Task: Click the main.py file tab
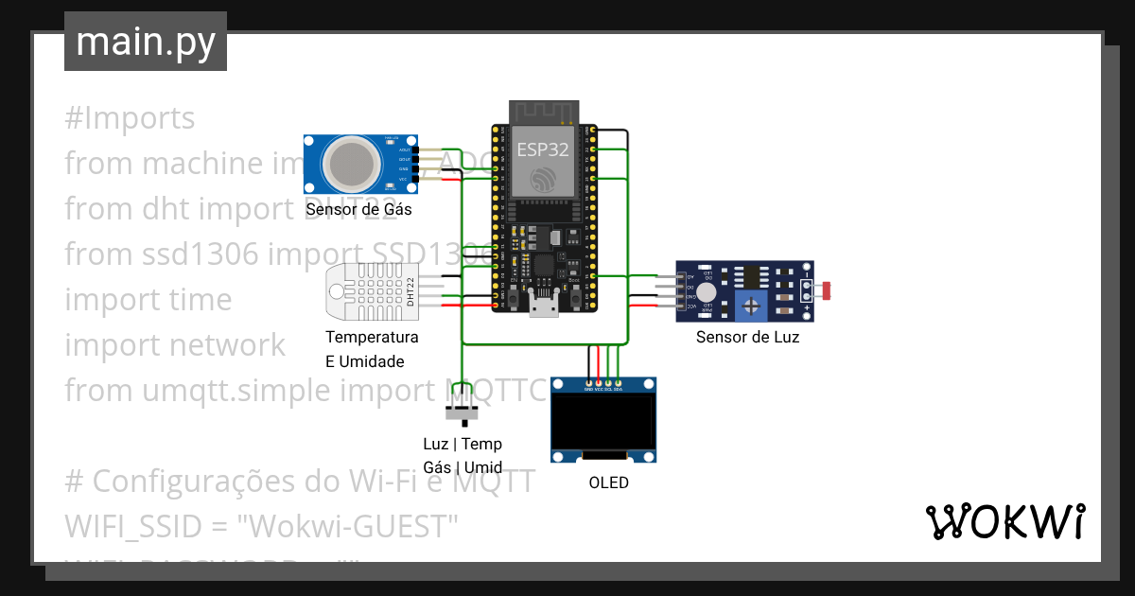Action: [145, 42]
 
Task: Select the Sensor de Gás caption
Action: [358, 209]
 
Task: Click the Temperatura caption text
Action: [372, 338]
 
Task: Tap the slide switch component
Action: [462, 412]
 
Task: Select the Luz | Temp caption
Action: [463, 444]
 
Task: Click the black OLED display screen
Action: [603, 423]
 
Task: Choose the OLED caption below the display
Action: [608, 482]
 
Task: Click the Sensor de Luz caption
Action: [747, 337]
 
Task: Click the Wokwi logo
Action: [1004, 521]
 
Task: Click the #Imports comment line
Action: [130, 118]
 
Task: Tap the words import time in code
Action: [148, 299]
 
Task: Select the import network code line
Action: [174, 344]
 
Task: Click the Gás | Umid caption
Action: [463, 466]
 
